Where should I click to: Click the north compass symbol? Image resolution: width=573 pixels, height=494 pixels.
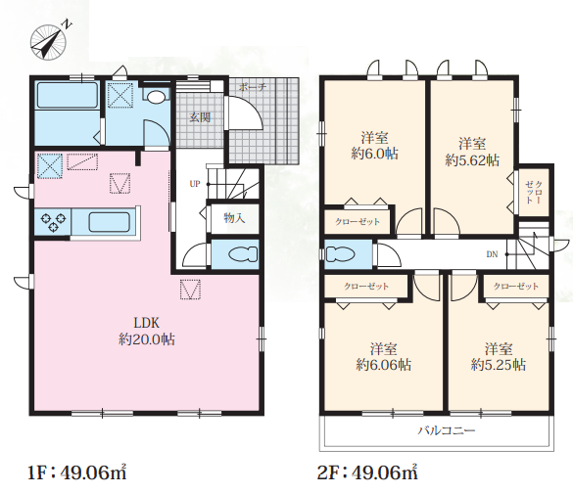pyautogui.click(x=49, y=41)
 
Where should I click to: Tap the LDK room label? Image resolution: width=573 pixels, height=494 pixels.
pyautogui.click(x=147, y=323)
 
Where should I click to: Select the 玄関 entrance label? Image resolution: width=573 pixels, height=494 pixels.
pyautogui.click(x=200, y=117)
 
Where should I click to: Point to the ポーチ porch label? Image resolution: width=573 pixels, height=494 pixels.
pyautogui.click(x=253, y=87)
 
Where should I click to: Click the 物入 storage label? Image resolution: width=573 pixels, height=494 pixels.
pyautogui.click(x=234, y=218)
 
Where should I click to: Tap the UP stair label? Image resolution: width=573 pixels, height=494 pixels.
pyautogui.click(x=195, y=184)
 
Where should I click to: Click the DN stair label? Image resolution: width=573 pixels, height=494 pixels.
pyautogui.click(x=492, y=254)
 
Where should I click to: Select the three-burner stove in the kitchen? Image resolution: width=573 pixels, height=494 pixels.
pyautogui.click(x=53, y=222)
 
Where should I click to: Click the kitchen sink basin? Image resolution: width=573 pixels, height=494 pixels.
pyautogui.click(x=110, y=222)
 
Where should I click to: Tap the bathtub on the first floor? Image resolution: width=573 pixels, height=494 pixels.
pyautogui.click(x=67, y=95)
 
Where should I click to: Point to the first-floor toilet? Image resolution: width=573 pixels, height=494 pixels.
pyautogui.click(x=243, y=254)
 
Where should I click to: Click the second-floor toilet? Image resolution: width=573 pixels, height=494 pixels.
pyautogui.click(x=340, y=254)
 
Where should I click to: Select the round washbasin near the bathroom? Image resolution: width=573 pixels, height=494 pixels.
pyautogui.click(x=156, y=96)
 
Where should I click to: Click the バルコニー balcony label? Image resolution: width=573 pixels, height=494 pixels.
pyautogui.click(x=447, y=430)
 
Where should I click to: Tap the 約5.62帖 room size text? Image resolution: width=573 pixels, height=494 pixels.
pyautogui.click(x=472, y=160)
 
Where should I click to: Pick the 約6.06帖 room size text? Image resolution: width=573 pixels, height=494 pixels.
pyautogui.click(x=383, y=365)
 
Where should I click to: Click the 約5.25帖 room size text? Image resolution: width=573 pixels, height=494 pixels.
pyautogui.click(x=499, y=365)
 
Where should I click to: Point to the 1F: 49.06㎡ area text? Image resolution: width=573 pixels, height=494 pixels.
pyautogui.click(x=77, y=472)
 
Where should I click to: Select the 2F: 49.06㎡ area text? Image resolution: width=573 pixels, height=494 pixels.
pyautogui.click(x=367, y=472)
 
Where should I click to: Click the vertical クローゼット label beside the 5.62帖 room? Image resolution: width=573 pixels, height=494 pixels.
pyautogui.click(x=534, y=193)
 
